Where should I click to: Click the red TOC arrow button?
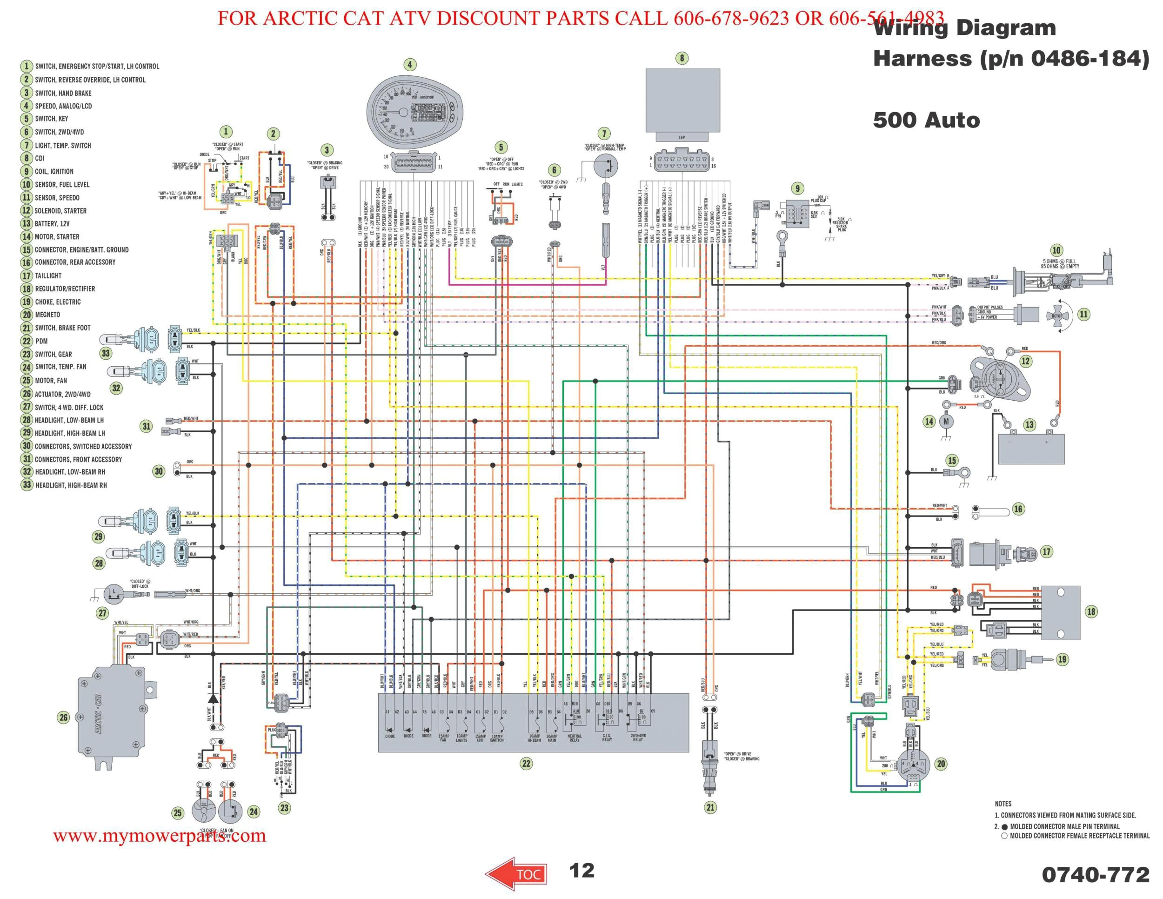[x=515, y=873]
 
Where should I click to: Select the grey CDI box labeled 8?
[x=682, y=100]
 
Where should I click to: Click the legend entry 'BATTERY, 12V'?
[x=52, y=224]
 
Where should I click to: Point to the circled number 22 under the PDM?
[x=526, y=763]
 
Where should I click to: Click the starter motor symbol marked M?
[x=946, y=422]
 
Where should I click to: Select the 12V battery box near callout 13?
[x=1030, y=449]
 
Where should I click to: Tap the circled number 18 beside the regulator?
[x=1091, y=611]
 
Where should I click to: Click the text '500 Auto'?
[x=926, y=121]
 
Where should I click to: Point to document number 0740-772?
[x=1096, y=874]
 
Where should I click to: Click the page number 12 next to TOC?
[x=581, y=870]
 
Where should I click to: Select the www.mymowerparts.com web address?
[x=159, y=835]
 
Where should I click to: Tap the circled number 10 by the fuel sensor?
[x=1056, y=250]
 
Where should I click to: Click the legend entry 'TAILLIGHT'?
[x=48, y=275]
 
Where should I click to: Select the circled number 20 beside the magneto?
[x=941, y=764]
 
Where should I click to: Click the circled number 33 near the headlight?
[x=106, y=353]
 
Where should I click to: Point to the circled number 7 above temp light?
[x=603, y=133]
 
